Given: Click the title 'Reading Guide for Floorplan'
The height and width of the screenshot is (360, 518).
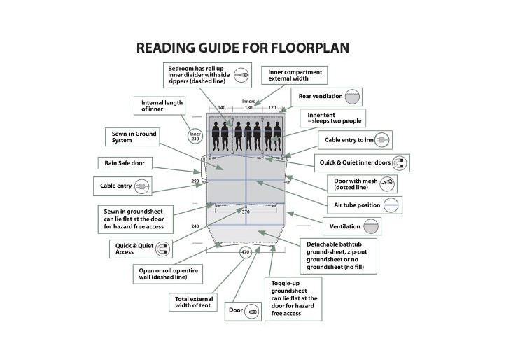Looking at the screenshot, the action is (243, 48).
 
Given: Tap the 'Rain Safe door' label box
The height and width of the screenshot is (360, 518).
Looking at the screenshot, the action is (125, 163).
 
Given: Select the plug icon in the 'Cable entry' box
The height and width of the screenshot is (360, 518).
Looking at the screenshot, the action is (142, 186).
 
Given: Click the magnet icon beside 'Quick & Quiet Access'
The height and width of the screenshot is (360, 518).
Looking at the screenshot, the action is (162, 249).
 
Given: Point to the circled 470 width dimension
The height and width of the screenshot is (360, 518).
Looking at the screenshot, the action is (245, 252).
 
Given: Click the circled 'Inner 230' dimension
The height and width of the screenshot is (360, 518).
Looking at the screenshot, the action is (195, 136).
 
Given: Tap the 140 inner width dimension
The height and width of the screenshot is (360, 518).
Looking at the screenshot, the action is (222, 107).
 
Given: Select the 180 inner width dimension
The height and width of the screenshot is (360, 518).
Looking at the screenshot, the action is (248, 107).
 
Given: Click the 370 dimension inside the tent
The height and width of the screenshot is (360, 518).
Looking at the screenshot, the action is (246, 212).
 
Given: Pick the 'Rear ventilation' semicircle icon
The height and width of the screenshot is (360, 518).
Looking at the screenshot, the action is (352, 97).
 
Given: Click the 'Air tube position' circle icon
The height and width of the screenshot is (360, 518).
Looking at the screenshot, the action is (391, 205).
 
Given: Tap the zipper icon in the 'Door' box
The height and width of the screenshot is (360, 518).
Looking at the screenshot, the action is (251, 312).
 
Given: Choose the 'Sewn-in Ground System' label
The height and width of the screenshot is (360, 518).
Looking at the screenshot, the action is (132, 137).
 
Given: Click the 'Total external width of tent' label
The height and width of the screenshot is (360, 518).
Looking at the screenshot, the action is (193, 302).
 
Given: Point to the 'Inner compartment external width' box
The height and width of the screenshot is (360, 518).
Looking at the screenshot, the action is (294, 75).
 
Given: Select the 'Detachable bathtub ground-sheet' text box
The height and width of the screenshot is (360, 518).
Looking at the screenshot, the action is (338, 256).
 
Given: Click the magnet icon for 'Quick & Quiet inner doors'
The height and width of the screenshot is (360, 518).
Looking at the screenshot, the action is (400, 163).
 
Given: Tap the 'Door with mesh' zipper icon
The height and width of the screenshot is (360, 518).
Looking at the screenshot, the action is (387, 184).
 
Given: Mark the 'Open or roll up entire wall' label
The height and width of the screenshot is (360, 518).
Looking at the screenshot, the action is (168, 274).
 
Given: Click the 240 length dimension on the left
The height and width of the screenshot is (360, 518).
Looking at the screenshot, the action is (195, 226).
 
